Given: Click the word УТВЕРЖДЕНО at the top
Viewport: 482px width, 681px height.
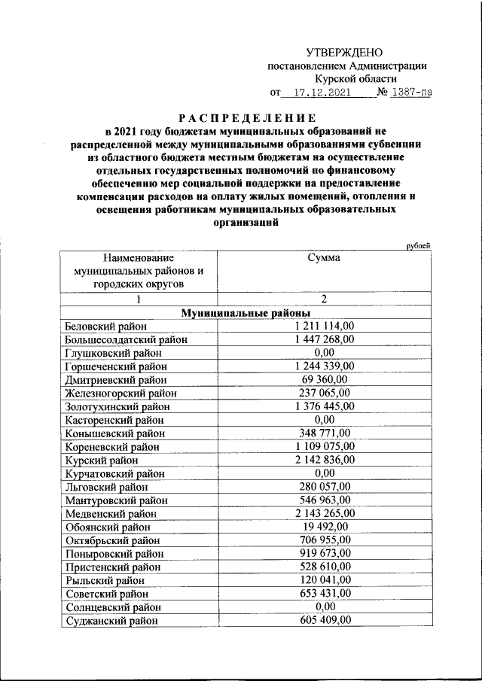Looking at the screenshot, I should pos(344,52).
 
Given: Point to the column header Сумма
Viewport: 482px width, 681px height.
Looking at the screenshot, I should pos(323,257).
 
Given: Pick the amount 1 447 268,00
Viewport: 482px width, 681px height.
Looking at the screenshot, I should pos(324,339).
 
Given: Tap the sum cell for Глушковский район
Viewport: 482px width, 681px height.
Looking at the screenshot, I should pos(324,352).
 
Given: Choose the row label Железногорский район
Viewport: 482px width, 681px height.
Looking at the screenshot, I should pos(120,393).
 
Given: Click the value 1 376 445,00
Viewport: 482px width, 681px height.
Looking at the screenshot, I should pos(324,406).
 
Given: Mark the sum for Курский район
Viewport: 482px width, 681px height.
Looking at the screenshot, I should pos(324,460).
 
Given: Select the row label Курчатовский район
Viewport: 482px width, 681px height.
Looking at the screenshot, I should pos(114,473).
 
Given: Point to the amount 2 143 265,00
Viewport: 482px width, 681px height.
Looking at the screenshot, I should pos(324,513).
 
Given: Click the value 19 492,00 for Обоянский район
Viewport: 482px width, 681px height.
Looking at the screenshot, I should pos(324,527).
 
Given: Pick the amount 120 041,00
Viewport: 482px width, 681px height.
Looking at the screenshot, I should pos(324,580).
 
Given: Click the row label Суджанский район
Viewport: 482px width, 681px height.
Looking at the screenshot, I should pos(111,621).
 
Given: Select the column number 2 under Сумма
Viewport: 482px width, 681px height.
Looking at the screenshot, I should pos(323,299).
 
